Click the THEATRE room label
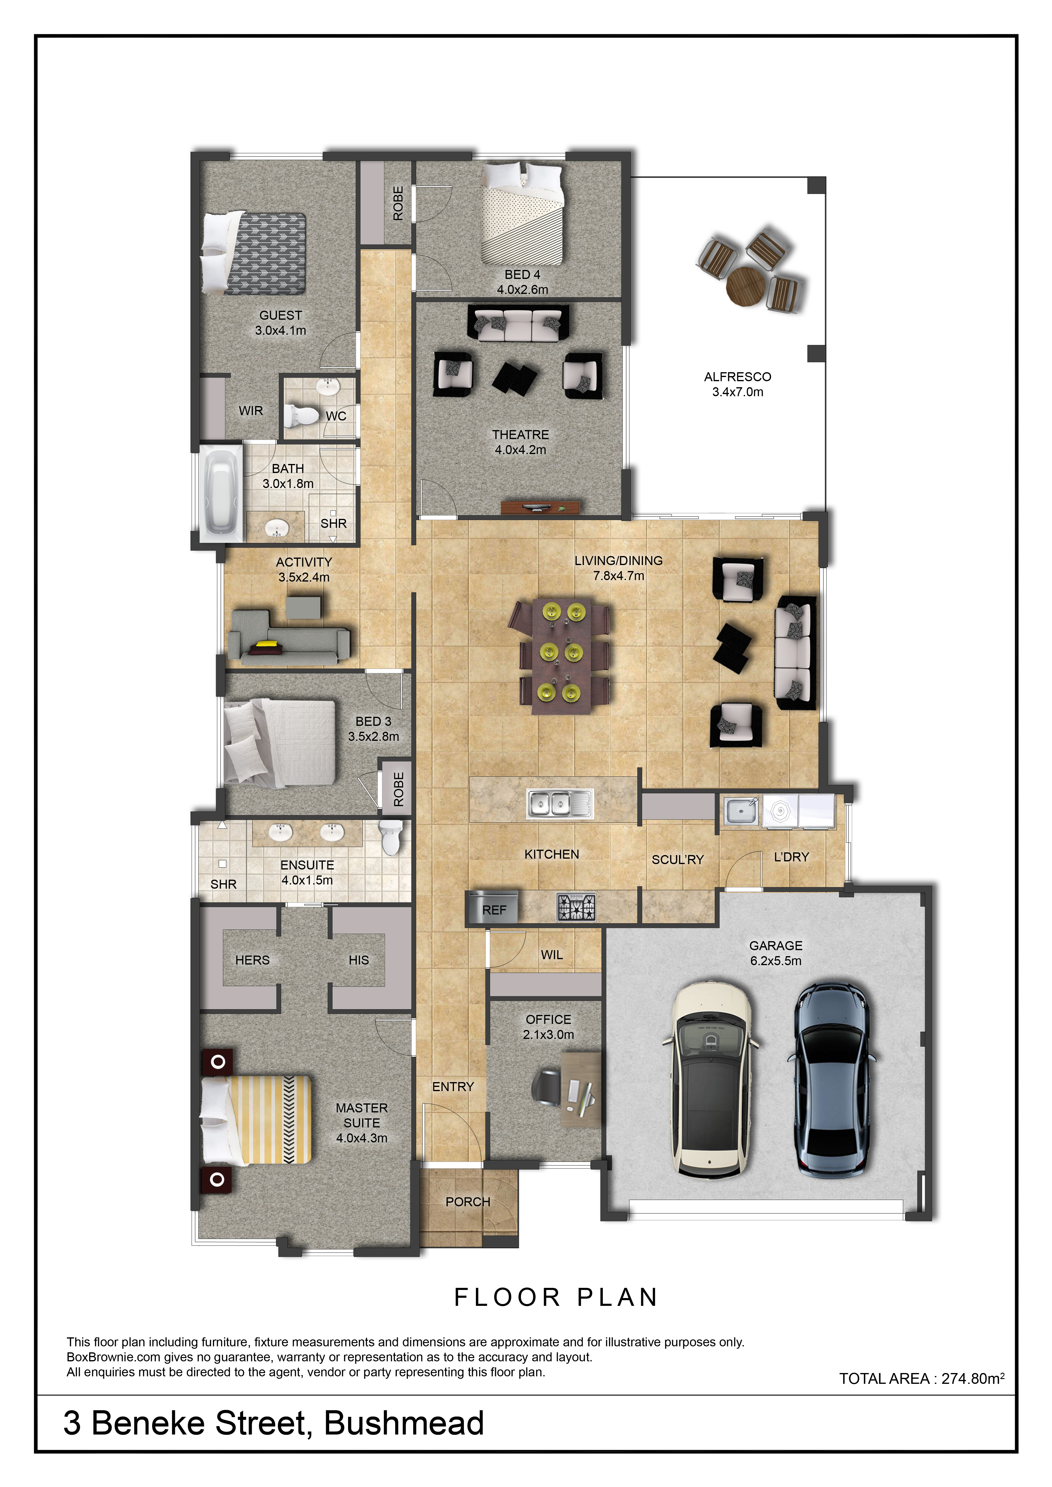(520, 435)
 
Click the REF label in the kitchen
(494, 910)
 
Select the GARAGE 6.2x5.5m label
(775, 953)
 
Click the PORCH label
(468, 1201)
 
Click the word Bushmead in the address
(404, 1423)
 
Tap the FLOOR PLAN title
(556, 1297)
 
